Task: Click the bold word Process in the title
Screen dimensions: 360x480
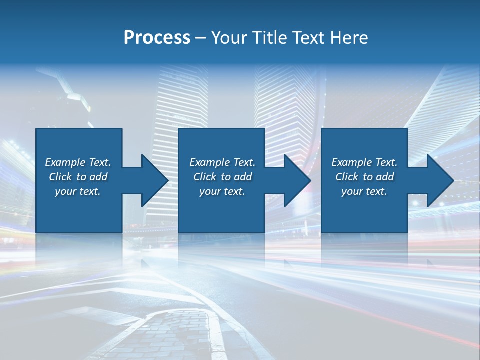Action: click(157, 38)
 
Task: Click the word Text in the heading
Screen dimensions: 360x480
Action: click(308, 38)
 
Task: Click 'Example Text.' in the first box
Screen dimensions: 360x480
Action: click(78, 162)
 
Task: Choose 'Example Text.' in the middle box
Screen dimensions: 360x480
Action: click(222, 162)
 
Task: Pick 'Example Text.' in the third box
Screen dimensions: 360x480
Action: click(364, 162)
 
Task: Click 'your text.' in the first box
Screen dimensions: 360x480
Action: click(78, 191)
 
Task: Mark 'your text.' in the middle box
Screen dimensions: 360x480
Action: click(222, 191)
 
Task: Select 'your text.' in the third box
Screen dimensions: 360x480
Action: click(364, 191)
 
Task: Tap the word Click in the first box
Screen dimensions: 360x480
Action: click(60, 177)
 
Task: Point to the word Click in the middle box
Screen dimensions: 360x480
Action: click(205, 177)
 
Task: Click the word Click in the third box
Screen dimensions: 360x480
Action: click(347, 177)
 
